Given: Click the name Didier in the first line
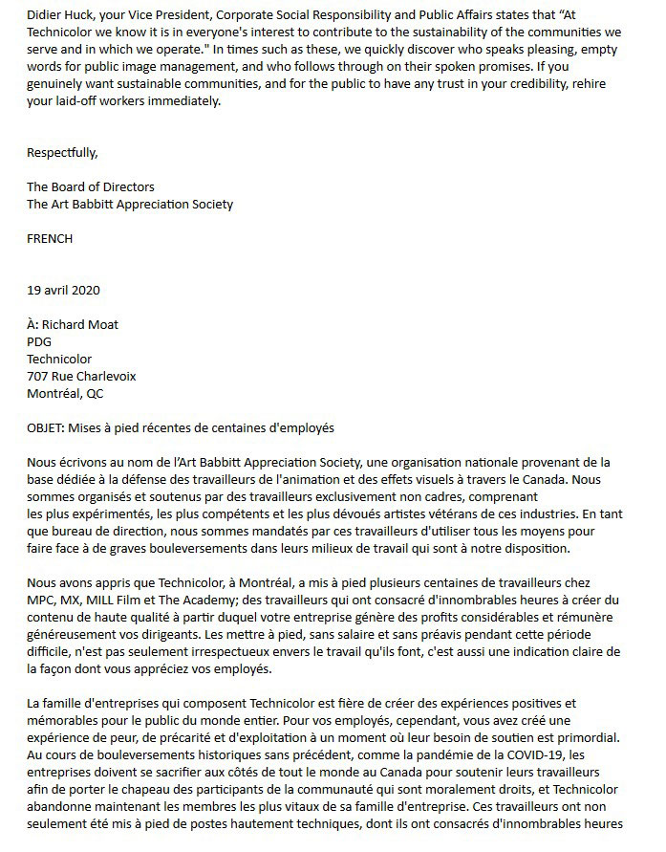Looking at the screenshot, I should click(x=45, y=13).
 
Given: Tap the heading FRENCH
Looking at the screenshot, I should click(x=50, y=239).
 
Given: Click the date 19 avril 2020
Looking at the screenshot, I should click(x=64, y=291).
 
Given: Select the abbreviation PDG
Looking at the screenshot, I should click(x=39, y=342).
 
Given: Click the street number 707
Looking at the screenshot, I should click(x=37, y=377).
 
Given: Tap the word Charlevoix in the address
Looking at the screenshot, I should click(x=105, y=377).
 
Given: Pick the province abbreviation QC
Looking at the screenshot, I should click(x=95, y=394).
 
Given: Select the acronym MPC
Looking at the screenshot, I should click(x=40, y=600).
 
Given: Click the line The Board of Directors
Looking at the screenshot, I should click(x=91, y=186).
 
